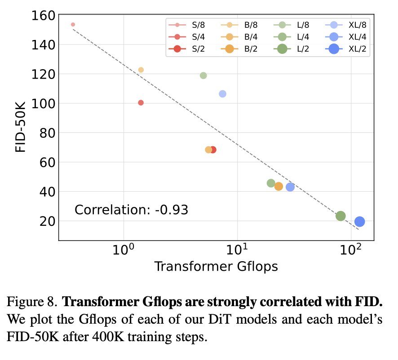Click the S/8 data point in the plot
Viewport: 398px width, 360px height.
click(x=73, y=24)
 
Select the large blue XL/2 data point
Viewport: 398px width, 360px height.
click(x=359, y=221)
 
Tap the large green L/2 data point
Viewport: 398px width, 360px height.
click(x=341, y=216)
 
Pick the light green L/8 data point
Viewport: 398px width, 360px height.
click(x=203, y=75)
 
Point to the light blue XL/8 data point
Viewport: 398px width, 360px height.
click(x=222, y=94)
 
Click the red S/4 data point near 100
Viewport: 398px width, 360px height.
click(x=141, y=103)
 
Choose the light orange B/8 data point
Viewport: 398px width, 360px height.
click(x=141, y=70)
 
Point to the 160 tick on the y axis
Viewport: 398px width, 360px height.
click(x=44, y=16)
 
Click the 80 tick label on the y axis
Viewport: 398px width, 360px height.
click(x=48, y=133)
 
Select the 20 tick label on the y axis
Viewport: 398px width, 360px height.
click(x=48, y=221)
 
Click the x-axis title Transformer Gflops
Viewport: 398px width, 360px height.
click(x=216, y=266)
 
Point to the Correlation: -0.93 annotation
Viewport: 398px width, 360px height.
click(x=131, y=210)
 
